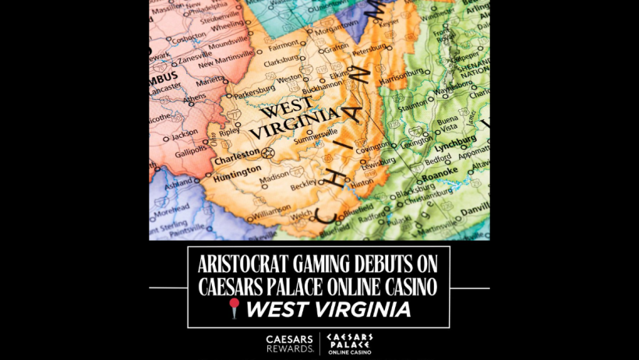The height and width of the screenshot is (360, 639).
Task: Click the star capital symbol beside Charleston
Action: (269, 152)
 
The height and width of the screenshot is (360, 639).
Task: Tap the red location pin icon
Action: (235, 309)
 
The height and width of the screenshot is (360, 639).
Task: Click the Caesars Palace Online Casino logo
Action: (349, 343)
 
